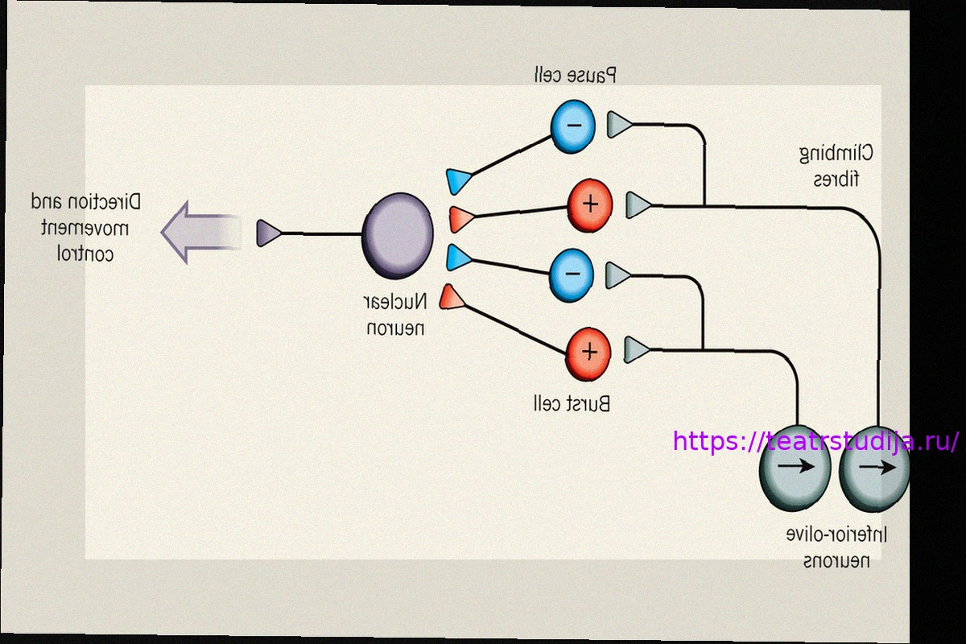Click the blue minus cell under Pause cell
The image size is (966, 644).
572,126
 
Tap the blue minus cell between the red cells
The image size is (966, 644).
572,274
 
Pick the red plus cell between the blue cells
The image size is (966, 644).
590,204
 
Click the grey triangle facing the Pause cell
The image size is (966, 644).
618,125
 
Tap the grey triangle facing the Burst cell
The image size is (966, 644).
636,350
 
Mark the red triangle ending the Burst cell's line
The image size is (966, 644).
452,297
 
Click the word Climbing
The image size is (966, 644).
836,153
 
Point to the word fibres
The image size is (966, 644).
836,179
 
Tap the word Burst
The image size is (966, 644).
590,404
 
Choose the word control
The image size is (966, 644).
85,254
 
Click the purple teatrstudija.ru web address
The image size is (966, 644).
815,441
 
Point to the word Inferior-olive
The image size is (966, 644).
837,534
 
